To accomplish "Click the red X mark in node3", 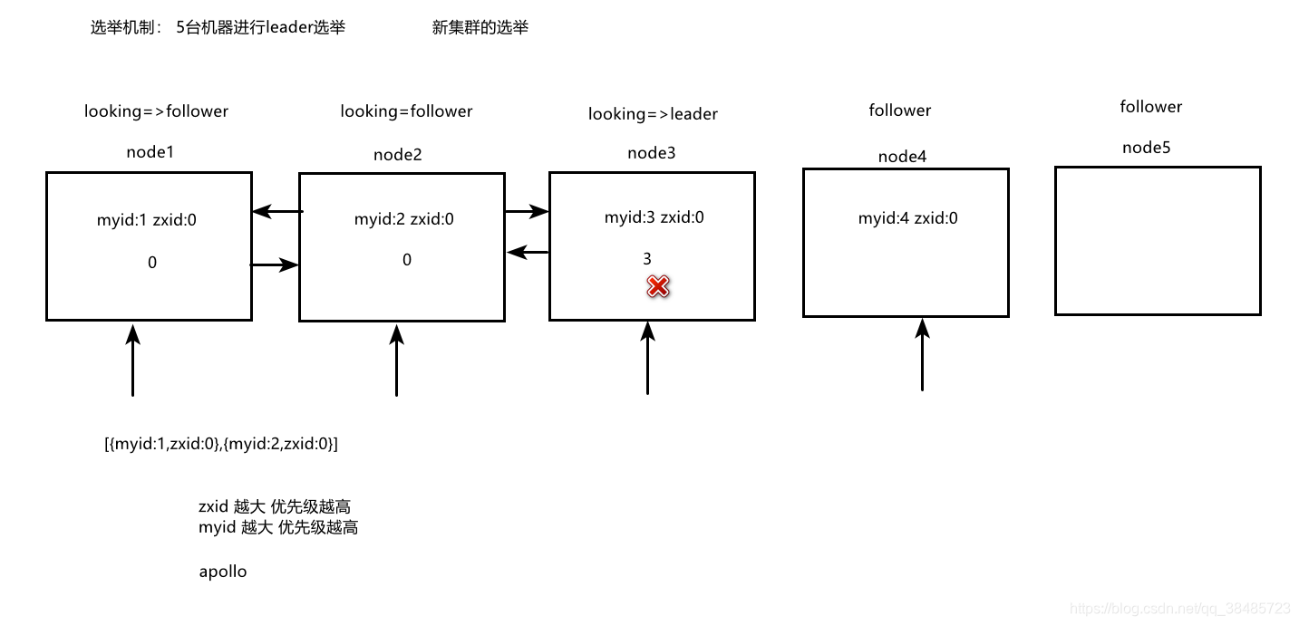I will [x=657, y=287].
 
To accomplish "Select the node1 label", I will [x=150, y=152].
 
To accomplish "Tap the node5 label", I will [x=1146, y=148].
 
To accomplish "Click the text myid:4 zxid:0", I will [x=907, y=218].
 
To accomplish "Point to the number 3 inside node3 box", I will [x=647, y=259].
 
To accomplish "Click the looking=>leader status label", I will [x=653, y=114].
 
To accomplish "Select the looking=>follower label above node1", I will [x=156, y=111].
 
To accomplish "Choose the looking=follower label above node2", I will [x=406, y=111].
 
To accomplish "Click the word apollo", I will [x=222, y=572].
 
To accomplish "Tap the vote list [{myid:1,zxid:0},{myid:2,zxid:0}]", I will [x=221, y=444].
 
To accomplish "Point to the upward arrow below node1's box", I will [x=133, y=360].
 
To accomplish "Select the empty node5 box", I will [x=1158, y=241].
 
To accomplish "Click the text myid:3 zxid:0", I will [x=654, y=217].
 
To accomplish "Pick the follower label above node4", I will [x=899, y=111].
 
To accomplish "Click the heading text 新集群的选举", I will [x=480, y=28].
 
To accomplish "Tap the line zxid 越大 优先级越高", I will [x=274, y=506].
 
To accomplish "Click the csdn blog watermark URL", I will [x=1179, y=609].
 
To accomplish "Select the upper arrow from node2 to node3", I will [x=527, y=212].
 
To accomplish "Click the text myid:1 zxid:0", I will [x=146, y=220].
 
